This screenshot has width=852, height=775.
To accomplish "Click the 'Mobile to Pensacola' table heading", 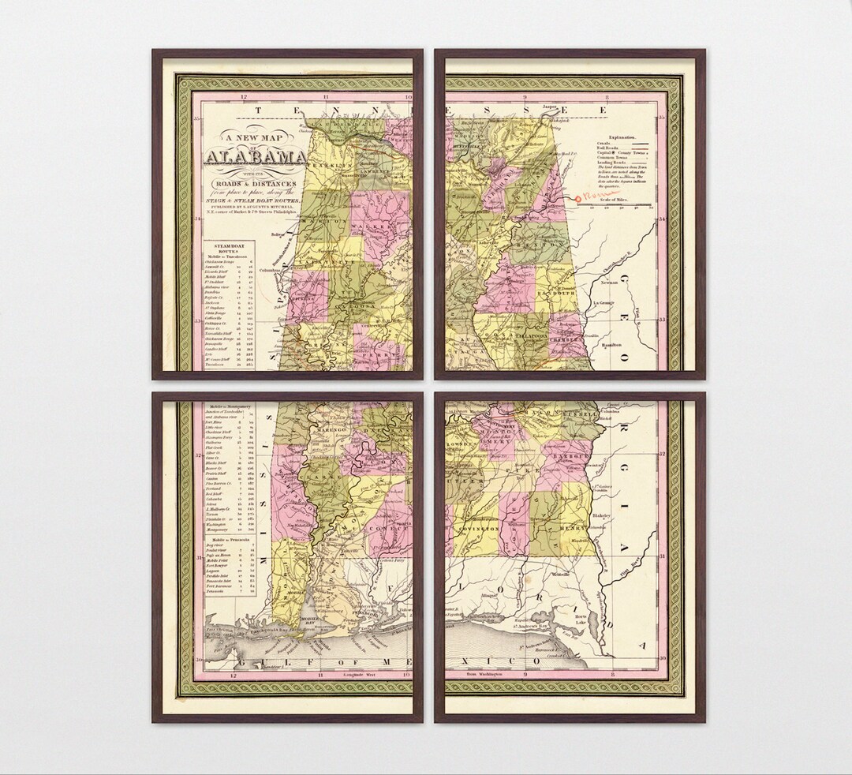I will [227, 539].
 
